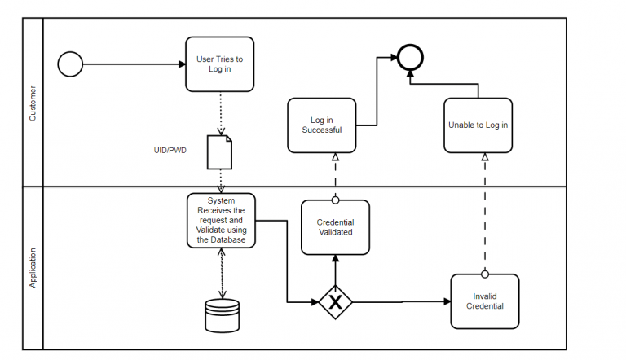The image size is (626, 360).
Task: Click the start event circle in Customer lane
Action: (71, 64)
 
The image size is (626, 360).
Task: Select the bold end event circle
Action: (410, 57)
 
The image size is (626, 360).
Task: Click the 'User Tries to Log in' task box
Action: (219, 64)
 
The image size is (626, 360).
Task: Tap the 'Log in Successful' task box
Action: (321, 125)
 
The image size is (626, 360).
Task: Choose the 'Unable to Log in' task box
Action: (478, 125)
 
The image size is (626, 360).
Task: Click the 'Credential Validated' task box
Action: (335, 227)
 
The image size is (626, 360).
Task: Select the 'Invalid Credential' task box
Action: (484, 301)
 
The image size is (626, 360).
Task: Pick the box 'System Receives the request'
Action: (221, 220)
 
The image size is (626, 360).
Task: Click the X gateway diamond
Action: (335, 301)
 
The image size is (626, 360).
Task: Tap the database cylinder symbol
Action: (223, 315)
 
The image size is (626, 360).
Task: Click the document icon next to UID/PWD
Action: (219, 151)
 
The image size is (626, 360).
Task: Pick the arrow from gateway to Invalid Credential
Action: (399, 301)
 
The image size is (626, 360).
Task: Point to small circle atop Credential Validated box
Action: (335, 200)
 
